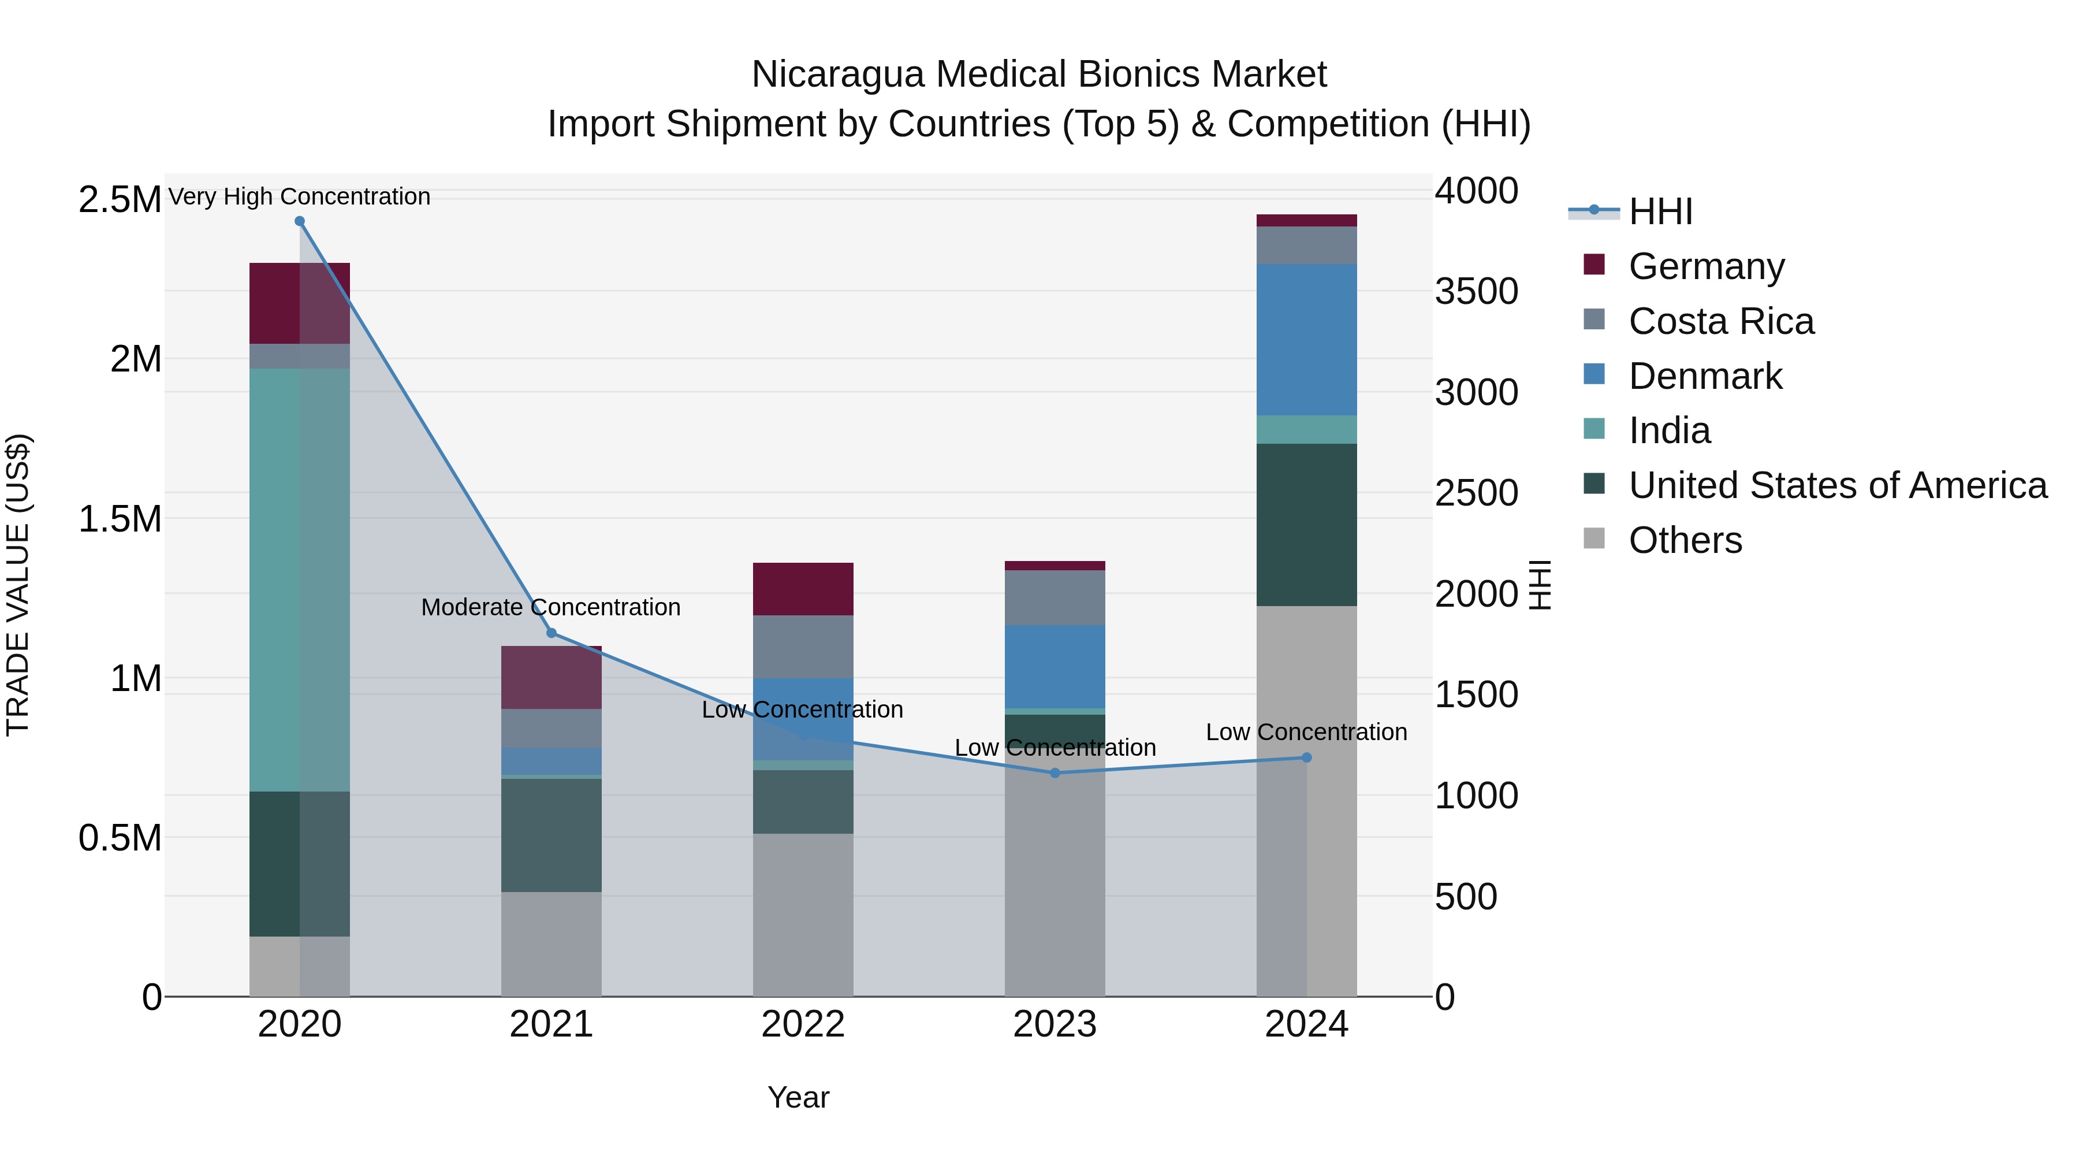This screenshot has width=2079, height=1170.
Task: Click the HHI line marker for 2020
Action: (299, 221)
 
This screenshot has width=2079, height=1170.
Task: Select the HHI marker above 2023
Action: (1055, 772)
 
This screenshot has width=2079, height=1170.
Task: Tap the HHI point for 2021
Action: (552, 633)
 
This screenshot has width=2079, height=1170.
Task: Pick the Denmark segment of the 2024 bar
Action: (1307, 340)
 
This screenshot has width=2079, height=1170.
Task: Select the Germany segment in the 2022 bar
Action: (803, 589)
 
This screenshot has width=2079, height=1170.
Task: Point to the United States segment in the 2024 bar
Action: (1307, 525)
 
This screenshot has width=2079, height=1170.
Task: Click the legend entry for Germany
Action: (1706, 266)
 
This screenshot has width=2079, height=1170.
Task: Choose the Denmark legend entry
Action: (1705, 376)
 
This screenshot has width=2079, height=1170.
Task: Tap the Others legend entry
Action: (1685, 540)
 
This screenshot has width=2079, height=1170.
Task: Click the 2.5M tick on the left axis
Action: (120, 199)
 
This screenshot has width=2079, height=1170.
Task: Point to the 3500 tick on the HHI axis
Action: (1476, 292)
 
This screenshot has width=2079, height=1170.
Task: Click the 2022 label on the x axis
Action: (803, 1024)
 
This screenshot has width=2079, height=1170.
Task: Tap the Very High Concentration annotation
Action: (299, 196)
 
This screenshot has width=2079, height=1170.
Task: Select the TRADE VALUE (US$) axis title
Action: (18, 585)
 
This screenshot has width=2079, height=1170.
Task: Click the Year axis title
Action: (798, 1097)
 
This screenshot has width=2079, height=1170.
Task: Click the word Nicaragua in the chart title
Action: (837, 75)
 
